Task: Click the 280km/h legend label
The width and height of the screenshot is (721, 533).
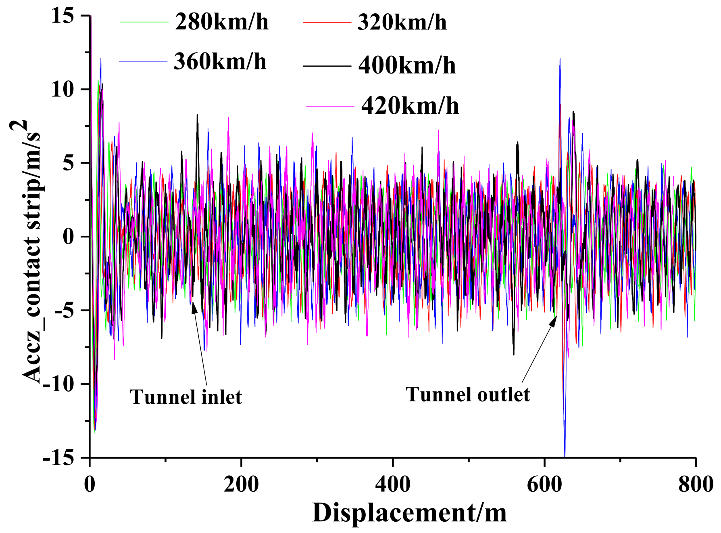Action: pyautogui.click(x=221, y=22)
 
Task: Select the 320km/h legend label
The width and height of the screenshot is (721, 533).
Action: pyautogui.click(x=402, y=22)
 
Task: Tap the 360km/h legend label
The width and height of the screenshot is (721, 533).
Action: pyautogui.click(x=220, y=62)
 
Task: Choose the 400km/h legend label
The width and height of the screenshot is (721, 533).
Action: pyautogui.click(x=407, y=65)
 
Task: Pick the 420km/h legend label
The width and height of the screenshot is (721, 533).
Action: pyautogui.click(x=410, y=106)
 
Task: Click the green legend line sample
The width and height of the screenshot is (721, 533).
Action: pyautogui.click(x=144, y=22)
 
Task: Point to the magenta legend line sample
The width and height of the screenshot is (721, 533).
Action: pyautogui.click(x=329, y=106)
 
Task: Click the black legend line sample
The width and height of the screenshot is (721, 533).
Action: pyautogui.click(x=327, y=65)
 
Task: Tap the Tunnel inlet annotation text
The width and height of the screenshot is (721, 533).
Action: pyautogui.click(x=185, y=397)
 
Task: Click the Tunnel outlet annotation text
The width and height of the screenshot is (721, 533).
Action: pyautogui.click(x=467, y=394)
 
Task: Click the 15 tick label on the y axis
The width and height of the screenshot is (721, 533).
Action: pyautogui.click(x=63, y=16)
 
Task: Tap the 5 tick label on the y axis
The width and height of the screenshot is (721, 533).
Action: pyautogui.click(x=68, y=163)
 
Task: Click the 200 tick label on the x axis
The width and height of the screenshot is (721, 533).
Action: pyautogui.click(x=241, y=484)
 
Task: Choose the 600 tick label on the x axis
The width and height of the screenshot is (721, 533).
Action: pyautogui.click(x=544, y=484)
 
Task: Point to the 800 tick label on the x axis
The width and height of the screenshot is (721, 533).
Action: pyautogui.click(x=696, y=484)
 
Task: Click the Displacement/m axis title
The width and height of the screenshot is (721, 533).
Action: pyautogui.click(x=409, y=513)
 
